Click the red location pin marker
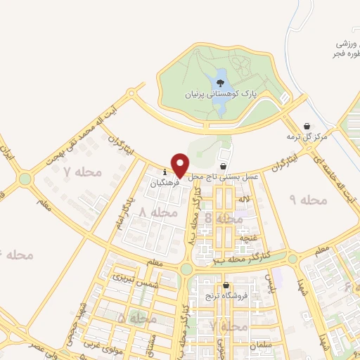tap(180, 165)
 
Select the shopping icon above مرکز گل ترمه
tap(307, 127)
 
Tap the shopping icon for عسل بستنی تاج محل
tap(224, 167)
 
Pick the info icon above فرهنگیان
tap(165, 172)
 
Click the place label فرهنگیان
tap(165, 182)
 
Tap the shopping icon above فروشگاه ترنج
tap(226, 285)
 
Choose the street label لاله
tap(244, 200)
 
